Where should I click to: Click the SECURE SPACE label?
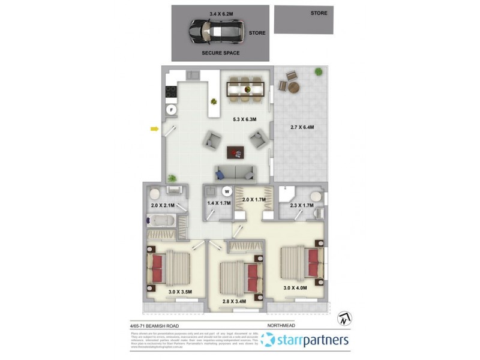pos(221,53)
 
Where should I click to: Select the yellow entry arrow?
pos(154,128)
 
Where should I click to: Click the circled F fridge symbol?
pos(171,110)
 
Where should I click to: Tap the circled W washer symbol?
pos(227,192)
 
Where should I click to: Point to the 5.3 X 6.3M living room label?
pos(245,119)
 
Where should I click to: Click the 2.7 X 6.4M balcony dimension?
pos(302,127)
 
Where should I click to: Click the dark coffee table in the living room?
pos(236,153)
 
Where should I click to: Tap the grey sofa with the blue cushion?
pos(235,173)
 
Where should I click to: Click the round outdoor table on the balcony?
pos(293,87)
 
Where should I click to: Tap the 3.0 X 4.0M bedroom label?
pos(295,288)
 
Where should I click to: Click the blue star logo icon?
pos(268,340)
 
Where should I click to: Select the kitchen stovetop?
pos(170,92)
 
